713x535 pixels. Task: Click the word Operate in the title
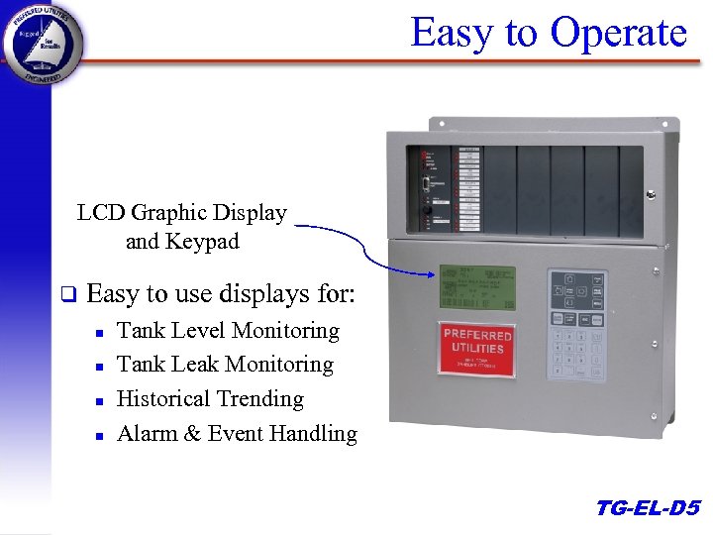pyautogui.click(x=618, y=33)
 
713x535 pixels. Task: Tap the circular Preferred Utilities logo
pyautogui.click(x=43, y=43)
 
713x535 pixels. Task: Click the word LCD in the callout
pyautogui.click(x=101, y=213)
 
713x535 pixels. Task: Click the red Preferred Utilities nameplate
pyautogui.click(x=477, y=346)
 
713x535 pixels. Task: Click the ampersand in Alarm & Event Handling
pyautogui.click(x=192, y=434)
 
